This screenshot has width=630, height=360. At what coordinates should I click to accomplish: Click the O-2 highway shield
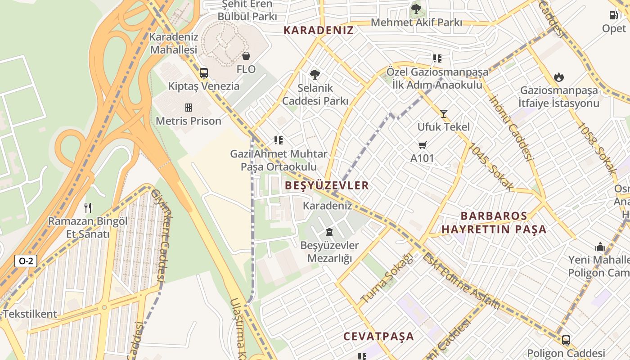pyautogui.click(x=26, y=261)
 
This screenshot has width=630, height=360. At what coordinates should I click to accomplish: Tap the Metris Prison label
pyautogui.click(x=189, y=121)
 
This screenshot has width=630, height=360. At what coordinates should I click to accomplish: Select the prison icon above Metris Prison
pyautogui.click(x=189, y=108)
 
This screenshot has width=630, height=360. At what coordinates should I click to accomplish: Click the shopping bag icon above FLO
pyautogui.click(x=246, y=56)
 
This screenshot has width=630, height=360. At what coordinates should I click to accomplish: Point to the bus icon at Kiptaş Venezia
pyautogui.click(x=204, y=73)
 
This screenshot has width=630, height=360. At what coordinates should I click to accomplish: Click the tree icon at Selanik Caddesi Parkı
pyautogui.click(x=315, y=75)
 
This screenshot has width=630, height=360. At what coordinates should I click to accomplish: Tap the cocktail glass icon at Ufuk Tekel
pyautogui.click(x=444, y=114)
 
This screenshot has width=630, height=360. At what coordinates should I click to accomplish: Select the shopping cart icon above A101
pyautogui.click(x=422, y=145)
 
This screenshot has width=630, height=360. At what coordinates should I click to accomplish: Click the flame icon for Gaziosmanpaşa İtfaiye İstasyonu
pyautogui.click(x=559, y=77)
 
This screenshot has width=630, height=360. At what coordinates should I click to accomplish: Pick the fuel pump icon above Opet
pyautogui.click(x=614, y=15)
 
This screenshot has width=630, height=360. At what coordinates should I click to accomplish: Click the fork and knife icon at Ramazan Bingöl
pyautogui.click(x=88, y=208)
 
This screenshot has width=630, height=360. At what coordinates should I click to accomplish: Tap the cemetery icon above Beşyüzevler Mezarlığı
pyautogui.click(x=329, y=232)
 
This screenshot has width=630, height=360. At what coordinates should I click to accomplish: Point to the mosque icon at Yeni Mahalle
pyautogui.click(x=600, y=247)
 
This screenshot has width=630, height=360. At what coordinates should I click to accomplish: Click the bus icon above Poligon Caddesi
pyautogui.click(x=566, y=340)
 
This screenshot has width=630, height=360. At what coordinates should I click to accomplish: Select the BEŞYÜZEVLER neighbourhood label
pyautogui.click(x=327, y=185)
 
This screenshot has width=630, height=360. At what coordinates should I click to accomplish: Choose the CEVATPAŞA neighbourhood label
pyautogui.click(x=378, y=336)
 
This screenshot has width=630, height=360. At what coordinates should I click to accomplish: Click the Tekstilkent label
pyautogui.click(x=30, y=314)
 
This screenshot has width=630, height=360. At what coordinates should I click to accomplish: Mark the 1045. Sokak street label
pyautogui.click(x=490, y=166)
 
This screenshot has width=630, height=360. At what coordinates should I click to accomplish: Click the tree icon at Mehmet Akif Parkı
pyautogui.click(x=416, y=9)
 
